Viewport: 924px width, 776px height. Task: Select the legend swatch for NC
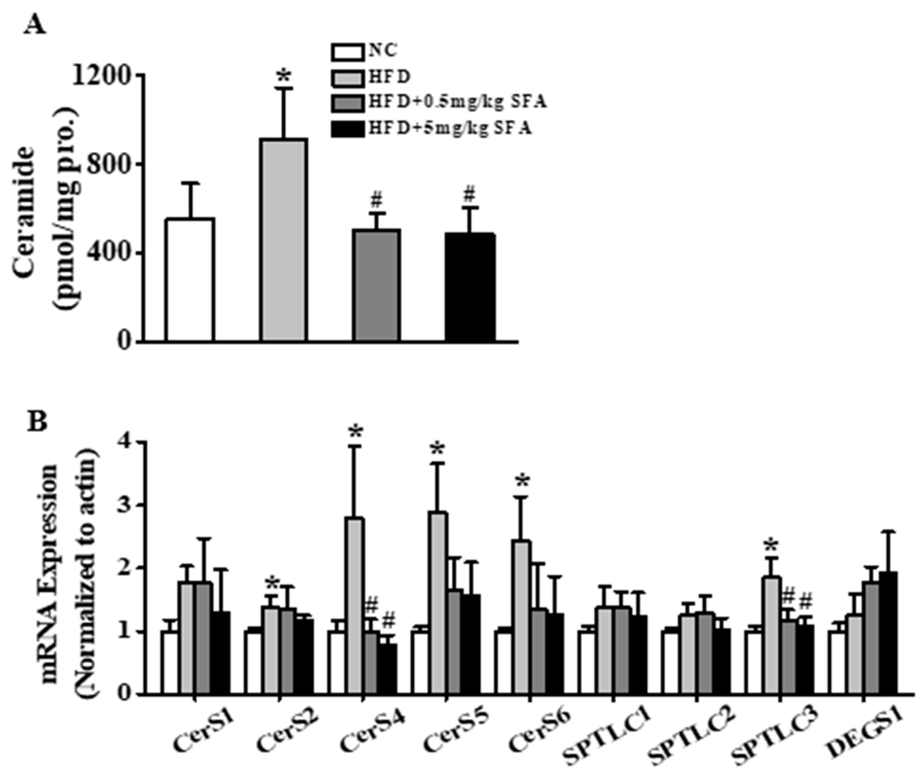point(348,52)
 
